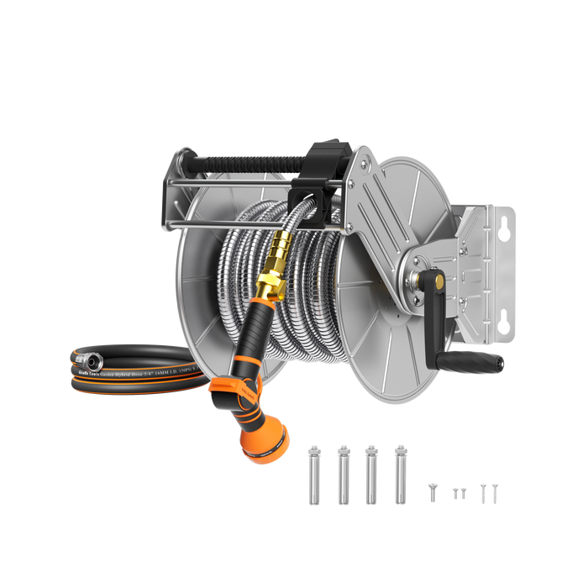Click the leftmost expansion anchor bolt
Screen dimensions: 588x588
click(313, 475)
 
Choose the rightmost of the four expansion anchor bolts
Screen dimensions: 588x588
click(399, 475)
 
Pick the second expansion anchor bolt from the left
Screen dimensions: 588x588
click(342, 475)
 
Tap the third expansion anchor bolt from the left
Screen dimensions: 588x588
click(370, 475)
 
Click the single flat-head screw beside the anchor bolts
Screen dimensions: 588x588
click(433, 491)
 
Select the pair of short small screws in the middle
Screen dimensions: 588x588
click(459, 493)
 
